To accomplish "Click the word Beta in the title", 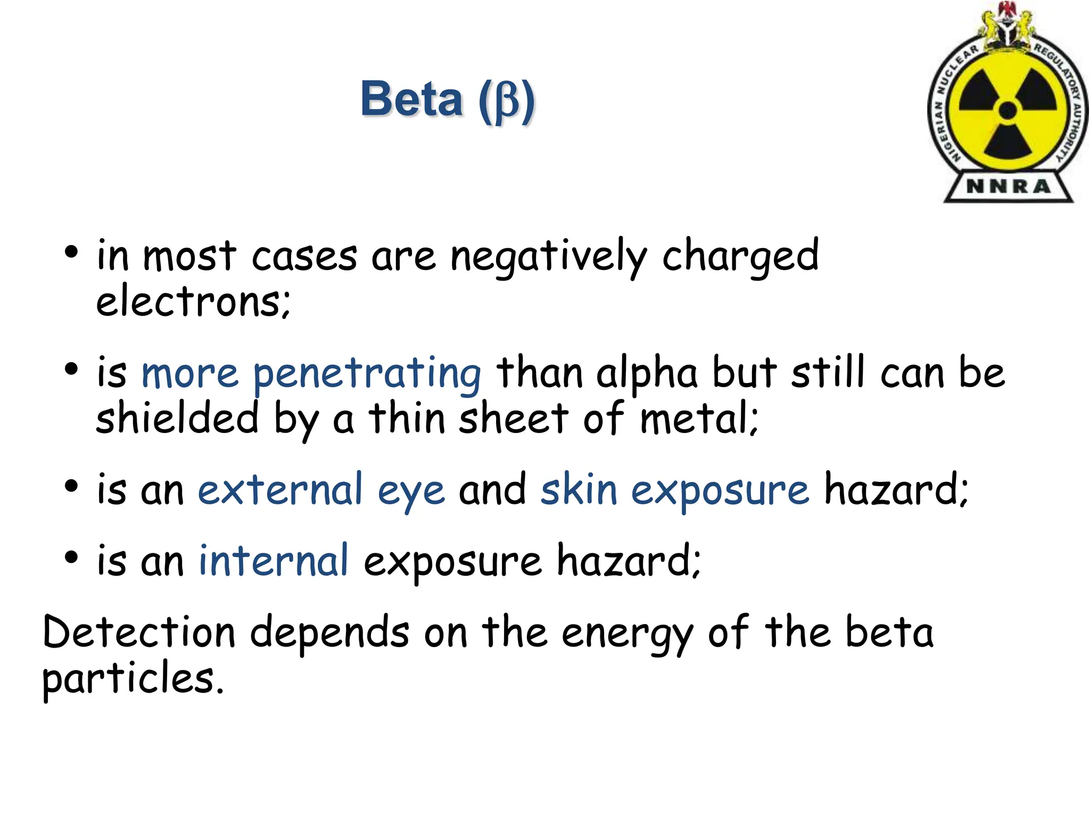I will click(411, 99).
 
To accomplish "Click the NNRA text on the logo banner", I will click(1008, 186).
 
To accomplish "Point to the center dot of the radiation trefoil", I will click(1008, 111).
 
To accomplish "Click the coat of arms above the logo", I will click(1008, 24).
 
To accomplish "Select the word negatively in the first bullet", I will click(549, 257).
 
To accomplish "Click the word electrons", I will click(193, 302).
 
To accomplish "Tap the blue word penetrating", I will click(367, 374).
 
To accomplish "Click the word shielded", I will click(177, 419).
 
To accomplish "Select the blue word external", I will click(280, 490).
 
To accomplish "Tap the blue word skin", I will click(579, 490).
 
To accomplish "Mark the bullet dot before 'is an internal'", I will click(71, 557).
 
